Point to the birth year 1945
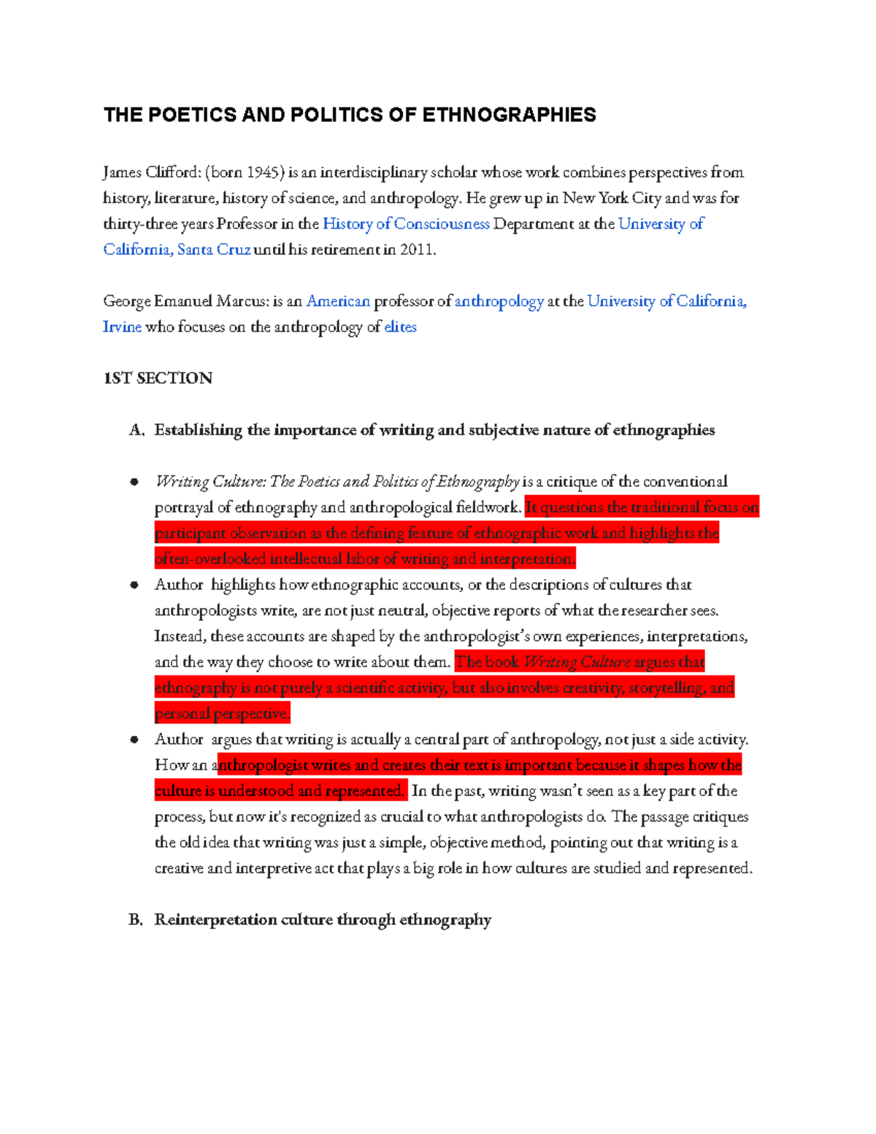[264, 172]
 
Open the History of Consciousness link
[406, 223]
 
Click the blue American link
[338, 301]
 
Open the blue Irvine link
[122, 326]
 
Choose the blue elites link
[400, 326]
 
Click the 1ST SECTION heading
[158, 378]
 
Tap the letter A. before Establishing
[137, 430]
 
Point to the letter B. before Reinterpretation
[136, 919]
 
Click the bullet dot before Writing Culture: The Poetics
[134, 481]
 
